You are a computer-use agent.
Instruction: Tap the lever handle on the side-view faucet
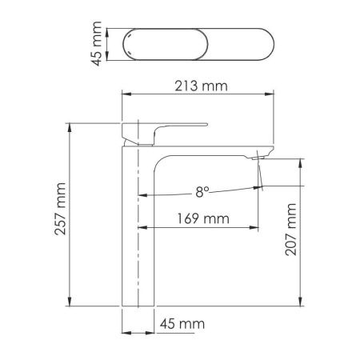(x=172, y=128)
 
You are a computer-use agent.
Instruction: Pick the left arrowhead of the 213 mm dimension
(x=125, y=94)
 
